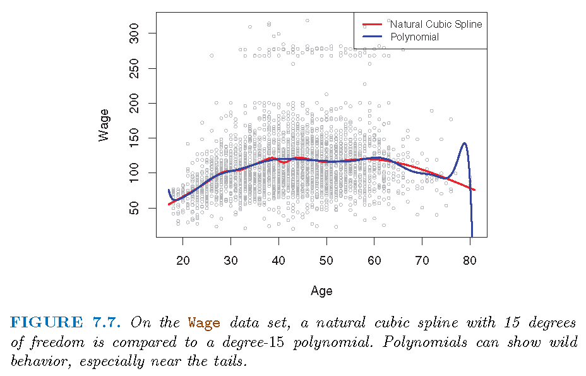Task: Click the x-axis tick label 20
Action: [x=182, y=259]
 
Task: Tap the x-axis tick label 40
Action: [x=278, y=259]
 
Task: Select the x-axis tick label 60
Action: [x=374, y=259]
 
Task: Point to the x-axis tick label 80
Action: [x=470, y=259]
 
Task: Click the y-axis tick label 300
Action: [x=133, y=33]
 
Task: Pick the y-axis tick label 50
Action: [x=133, y=208]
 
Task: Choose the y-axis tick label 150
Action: [x=133, y=138]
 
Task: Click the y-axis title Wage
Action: [x=104, y=124]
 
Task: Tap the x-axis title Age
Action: [x=321, y=291]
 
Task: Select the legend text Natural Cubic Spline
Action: [x=436, y=24]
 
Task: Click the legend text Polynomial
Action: [x=415, y=37]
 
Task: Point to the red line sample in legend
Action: [x=373, y=25]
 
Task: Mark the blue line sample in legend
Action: [x=373, y=37]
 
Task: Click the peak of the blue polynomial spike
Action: [x=465, y=143]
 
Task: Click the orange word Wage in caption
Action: [x=204, y=323]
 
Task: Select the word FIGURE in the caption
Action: [x=46, y=323]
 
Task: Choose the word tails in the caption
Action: [x=227, y=362]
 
